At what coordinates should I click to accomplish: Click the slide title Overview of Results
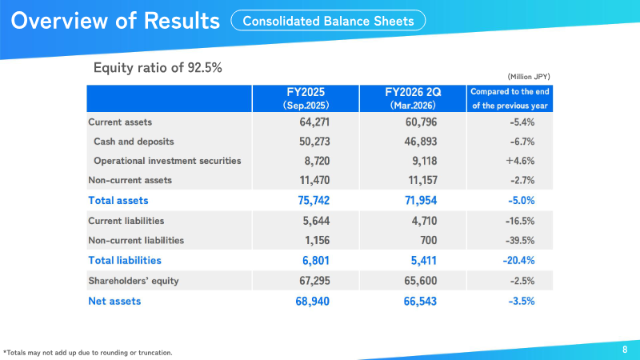click(115, 21)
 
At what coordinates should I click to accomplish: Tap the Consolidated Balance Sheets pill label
click(328, 21)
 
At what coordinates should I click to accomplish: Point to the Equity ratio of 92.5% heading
click(158, 67)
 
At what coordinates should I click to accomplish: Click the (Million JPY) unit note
click(529, 77)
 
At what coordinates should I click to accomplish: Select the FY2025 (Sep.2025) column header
click(306, 98)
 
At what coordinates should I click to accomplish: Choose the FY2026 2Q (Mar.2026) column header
click(413, 98)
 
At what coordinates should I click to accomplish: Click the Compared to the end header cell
click(510, 98)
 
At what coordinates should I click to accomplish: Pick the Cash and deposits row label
click(134, 142)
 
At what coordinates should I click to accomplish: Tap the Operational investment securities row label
click(167, 161)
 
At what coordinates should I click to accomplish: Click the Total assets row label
click(118, 201)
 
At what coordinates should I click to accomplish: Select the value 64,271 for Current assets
click(314, 122)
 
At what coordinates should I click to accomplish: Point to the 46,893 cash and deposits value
click(421, 142)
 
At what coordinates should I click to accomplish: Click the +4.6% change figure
click(520, 161)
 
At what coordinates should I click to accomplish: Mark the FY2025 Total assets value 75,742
click(314, 201)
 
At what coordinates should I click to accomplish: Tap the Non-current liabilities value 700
click(429, 240)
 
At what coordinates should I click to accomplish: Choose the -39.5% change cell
click(520, 241)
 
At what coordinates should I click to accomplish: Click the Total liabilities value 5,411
click(424, 261)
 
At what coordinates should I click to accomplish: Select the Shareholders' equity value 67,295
click(314, 281)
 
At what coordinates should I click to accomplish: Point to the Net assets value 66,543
click(420, 302)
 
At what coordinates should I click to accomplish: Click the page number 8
click(625, 350)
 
